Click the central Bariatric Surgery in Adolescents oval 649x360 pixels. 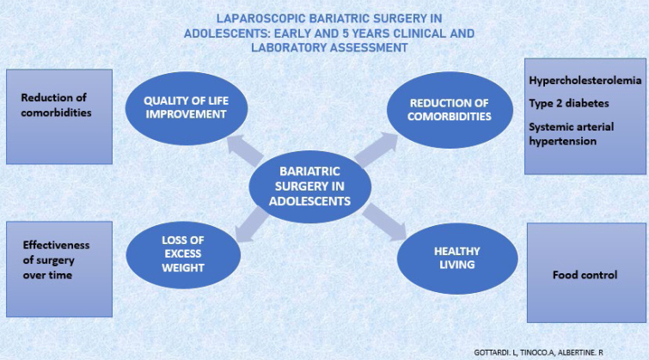click(x=309, y=186)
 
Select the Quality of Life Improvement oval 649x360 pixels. click(x=187, y=108)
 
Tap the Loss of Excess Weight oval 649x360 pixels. click(x=183, y=254)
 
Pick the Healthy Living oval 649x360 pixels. click(x=457, y=259)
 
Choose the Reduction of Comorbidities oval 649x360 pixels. click(x=450, y=110)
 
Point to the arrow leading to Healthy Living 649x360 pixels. click(x=384, y=223)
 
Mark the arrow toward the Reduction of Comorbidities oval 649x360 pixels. click(x=377, y=149)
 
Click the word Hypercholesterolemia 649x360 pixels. click(x=585, y=80)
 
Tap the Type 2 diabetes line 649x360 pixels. click(x=569, y=103)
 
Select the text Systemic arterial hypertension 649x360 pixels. click(x=571, y=134)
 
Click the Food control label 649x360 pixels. click(x=585, y=275)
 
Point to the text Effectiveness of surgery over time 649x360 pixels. click(x=56, y=259)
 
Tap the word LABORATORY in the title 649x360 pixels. click(x=288, y=47)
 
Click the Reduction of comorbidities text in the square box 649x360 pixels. click(x=56, y=105)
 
